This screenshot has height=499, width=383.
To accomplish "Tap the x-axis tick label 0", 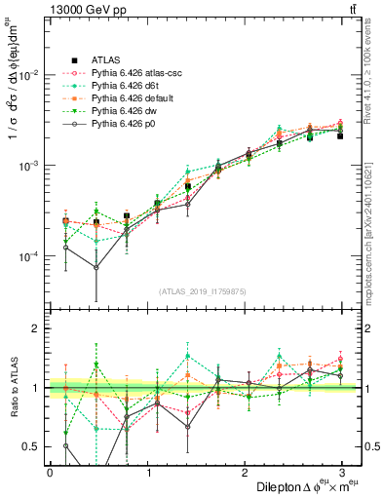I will coord(50,472).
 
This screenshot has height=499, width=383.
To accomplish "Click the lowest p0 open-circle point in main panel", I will coord(96,267).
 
